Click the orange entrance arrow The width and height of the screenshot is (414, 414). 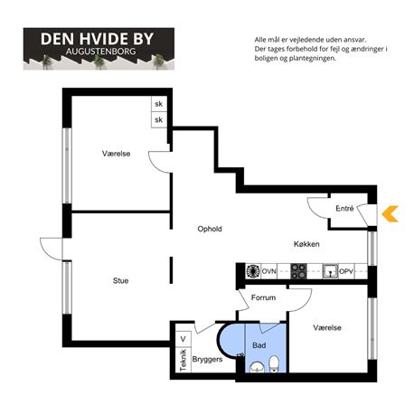click(390, 214)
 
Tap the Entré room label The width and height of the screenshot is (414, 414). click(344, 208)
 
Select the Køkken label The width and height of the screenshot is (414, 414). click(306, 244)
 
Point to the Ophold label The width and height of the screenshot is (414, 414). click(210, 229)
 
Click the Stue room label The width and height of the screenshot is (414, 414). click(120, 280)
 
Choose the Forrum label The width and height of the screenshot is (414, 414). click(263, 297)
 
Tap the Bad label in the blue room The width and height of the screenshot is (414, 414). click(259, 345)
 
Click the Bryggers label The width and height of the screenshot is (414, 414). click(207, 359)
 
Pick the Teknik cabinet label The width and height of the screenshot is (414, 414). click(183, 361)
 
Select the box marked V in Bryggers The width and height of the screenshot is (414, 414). click(183, 339)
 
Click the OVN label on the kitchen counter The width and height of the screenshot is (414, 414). click(268, 271)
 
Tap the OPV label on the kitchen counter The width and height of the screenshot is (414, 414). click(346, 271)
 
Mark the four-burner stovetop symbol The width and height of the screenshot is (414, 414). click(298, 271)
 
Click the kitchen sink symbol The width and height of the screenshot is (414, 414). click(330, 271)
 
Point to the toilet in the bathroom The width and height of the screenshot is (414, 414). click(274, 364)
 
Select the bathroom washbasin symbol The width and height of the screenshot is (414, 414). click(257, 368)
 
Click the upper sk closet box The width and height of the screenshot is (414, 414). click(159, 104)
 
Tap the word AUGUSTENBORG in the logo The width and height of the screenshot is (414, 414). click(100, 52)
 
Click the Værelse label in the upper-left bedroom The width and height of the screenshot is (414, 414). click(116, 154)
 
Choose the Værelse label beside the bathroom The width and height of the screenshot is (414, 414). click(327, 327)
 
